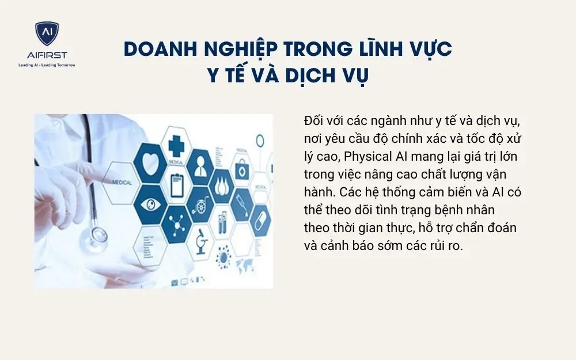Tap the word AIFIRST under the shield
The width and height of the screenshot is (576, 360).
(46, 55)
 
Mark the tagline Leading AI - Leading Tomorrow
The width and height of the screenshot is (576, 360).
(46, 65)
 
